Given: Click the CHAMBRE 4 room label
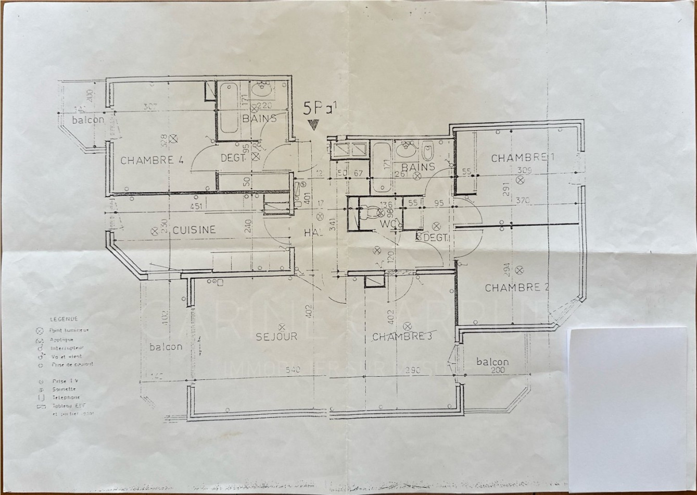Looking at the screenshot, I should (x=152, y=160).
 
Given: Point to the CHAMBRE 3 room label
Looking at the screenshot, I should (x=402, y=337).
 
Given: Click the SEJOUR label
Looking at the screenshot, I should (x=276, y=337).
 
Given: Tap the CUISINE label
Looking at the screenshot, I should (x=194, y=230).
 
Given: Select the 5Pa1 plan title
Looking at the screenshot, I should (x=320, y=109).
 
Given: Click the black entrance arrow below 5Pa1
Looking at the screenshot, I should (x=313, y=125).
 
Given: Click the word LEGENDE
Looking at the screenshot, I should (x=64, y=319).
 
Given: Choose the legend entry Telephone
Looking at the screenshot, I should (x=66, y=397).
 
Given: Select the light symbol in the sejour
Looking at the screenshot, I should (x=282, y=327).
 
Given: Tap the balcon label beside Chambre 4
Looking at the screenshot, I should (x=88, y=119).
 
